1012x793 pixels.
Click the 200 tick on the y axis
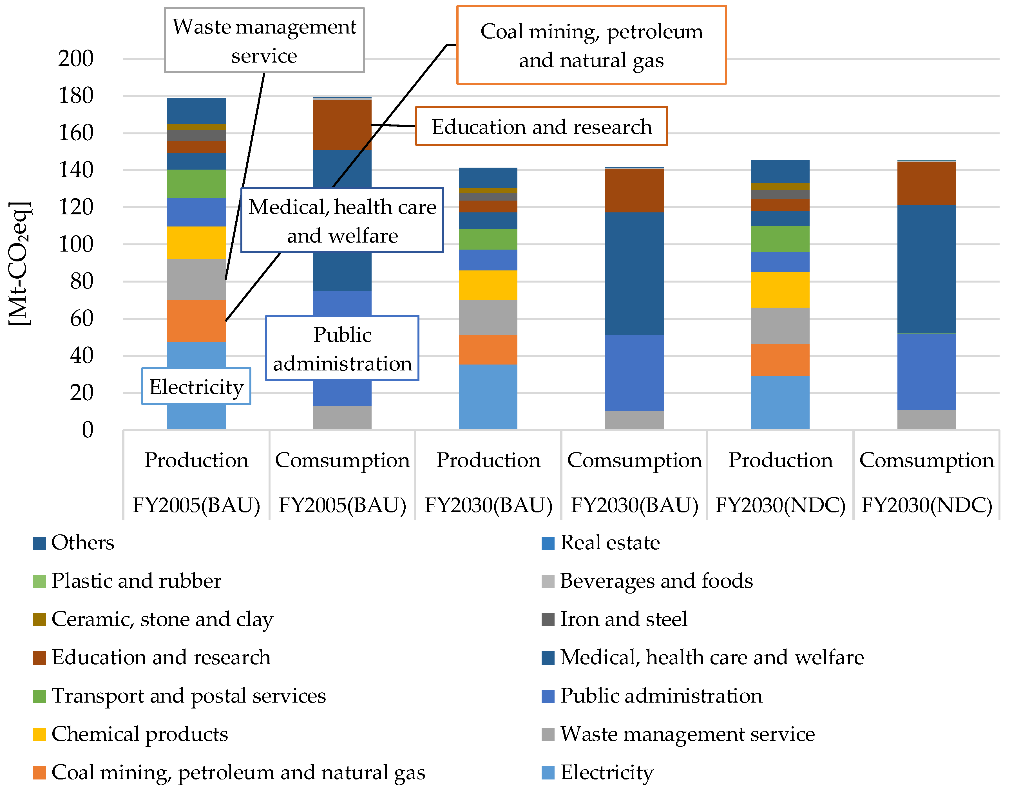tap(76, 59)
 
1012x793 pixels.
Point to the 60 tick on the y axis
tap(82, 319)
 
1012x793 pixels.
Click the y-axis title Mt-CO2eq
tap(19, 264)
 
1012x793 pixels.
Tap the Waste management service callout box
tap(264, 40)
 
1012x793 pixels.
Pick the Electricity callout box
tap(196, 386)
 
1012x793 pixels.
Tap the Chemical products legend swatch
tap(39, 734)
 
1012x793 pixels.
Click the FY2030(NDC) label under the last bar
tap(926, 505)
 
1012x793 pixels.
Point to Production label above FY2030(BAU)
tap(488, 460)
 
